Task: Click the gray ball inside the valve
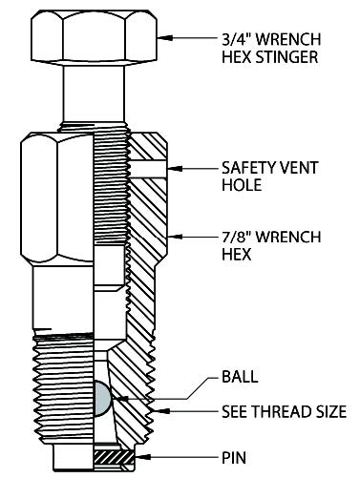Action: [101, 399]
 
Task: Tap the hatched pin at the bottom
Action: [114, 457]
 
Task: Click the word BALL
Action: [240, 377]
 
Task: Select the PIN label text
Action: [234, 458]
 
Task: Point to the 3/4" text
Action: [237, 39]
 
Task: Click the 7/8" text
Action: [237, 237]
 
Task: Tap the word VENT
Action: [299, 168]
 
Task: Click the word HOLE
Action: [242, 185]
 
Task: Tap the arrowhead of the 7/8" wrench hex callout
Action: [175, 237]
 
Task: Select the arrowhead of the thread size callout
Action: [159, 411]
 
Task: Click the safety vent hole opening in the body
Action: [148, 168]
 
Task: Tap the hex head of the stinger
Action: [95, 35]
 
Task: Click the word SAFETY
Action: [249, 168]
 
